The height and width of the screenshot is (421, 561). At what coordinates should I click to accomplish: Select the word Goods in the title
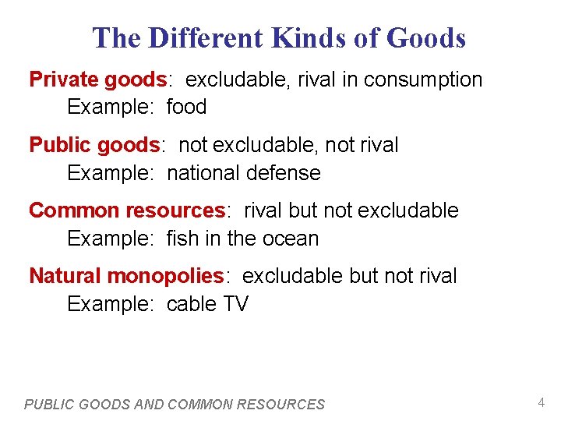pos(425,37)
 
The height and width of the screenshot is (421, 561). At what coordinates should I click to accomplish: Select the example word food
pos(186,107)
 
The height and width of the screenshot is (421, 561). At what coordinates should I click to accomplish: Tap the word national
pos(203,172)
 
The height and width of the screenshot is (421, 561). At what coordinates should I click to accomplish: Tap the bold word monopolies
pos(165,276)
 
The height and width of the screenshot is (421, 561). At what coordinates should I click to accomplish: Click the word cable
pos(192,303)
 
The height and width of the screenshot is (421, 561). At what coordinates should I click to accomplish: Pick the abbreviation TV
pos(235,303)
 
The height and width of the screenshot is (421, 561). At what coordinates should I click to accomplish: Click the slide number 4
pos(541,402)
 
